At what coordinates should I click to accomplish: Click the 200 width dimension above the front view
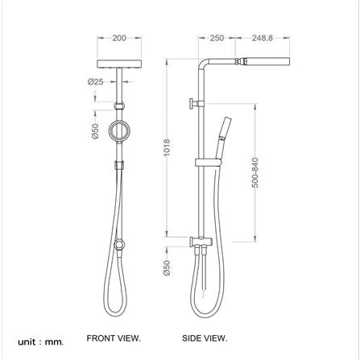pyautogui.click(x=119, y=38)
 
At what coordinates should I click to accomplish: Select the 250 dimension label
pyautogui.click(x=216, y=38)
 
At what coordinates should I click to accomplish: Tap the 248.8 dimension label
pyautogui.click(x=263, y=38)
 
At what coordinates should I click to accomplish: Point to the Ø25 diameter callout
pyautogui.click(x=95, y=81)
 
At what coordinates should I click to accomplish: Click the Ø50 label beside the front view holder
pyautogui.click(x=95, y=131)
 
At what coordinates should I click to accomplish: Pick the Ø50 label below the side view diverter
pyautogui.click(x=166, y=267)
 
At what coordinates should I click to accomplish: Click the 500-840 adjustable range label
pyautogui.click(x=255, y=172)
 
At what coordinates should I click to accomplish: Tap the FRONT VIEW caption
pyautogui.click(x=113, y=338)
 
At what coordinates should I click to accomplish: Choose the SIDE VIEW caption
pyautogui.click(x=209, y=338)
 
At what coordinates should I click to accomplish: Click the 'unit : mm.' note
pyautogui.click(x=39, y=341)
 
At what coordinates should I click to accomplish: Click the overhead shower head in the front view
pyautogui.click(x=119, y=63)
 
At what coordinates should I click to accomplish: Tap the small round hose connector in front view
pyautogui.click(x=119, y=243)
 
